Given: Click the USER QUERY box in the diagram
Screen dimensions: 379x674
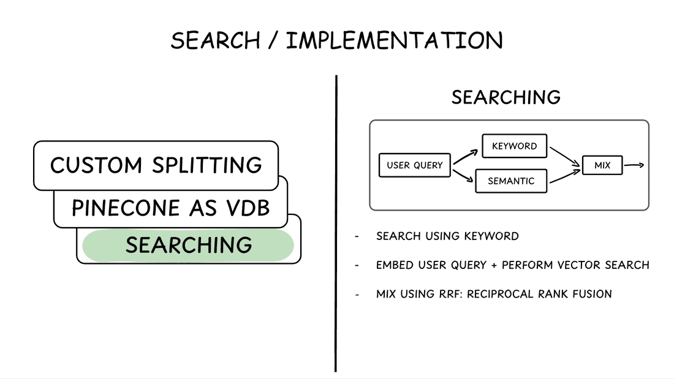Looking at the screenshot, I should pyautogui.click(x=415, y=165).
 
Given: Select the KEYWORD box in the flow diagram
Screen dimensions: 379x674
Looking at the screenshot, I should pyautogui.click(x=514, y=146).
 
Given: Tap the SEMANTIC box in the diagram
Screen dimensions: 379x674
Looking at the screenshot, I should pyautogui.click(x=511, y=181).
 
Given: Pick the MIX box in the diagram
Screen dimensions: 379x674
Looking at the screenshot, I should pyautogui.click(x=602, y=165).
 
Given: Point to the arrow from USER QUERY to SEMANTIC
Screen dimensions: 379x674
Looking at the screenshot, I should pyautogui.click(x=464, y=175).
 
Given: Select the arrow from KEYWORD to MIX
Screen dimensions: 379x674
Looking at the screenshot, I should pyautogui.click(x=564, y=156).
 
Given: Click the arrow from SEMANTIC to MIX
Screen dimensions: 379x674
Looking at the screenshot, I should pyautogui.click(x=564, y=176).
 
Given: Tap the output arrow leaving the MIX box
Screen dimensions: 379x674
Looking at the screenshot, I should pyautogui.click(x=634, y=165).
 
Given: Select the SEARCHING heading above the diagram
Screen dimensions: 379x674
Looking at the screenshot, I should pyautogui.click(x=505, y=97).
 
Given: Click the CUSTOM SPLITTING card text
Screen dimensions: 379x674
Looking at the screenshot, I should pyautogui.click(x=156, y=165).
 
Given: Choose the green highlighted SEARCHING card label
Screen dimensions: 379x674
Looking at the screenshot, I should pyautogui.click(x=189, y=245).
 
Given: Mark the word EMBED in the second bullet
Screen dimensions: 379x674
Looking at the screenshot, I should pyautogui.click(x=393, y=265).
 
